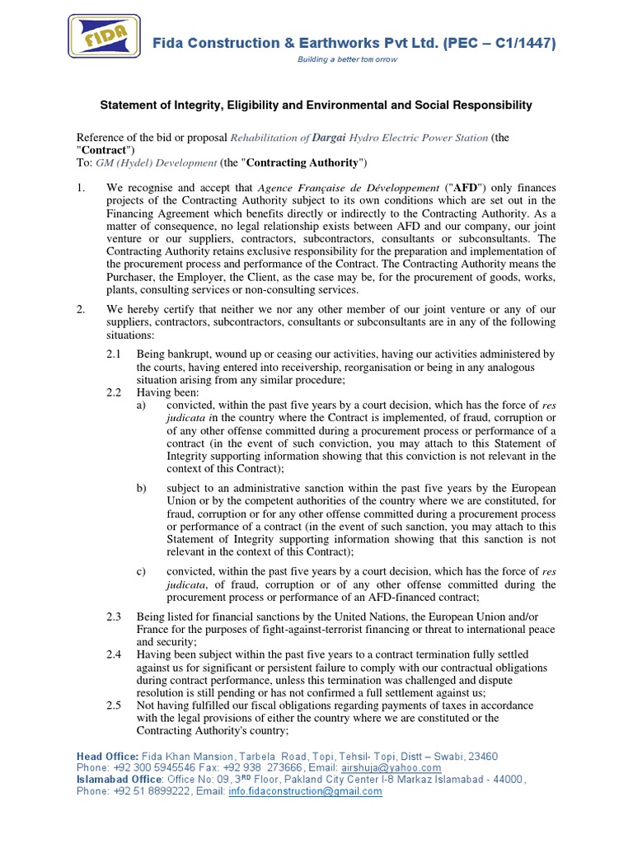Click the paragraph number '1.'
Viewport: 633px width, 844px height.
pyautogui.click(x=82, y=189)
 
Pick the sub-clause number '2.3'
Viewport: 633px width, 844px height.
pyautogui.click(x=115, y=616)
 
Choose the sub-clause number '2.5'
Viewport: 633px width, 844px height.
pyautogui.click(x=115, y=706)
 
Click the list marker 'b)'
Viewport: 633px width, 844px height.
pyautogui.click(x=142, y=488)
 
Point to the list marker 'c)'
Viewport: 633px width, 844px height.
pyautogui.click(x=142, y=571)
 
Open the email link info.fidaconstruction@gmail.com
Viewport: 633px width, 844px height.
pyautogui.click(x=319, y=791)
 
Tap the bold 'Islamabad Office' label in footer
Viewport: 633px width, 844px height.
pyautogui.click(x=115, y=780)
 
